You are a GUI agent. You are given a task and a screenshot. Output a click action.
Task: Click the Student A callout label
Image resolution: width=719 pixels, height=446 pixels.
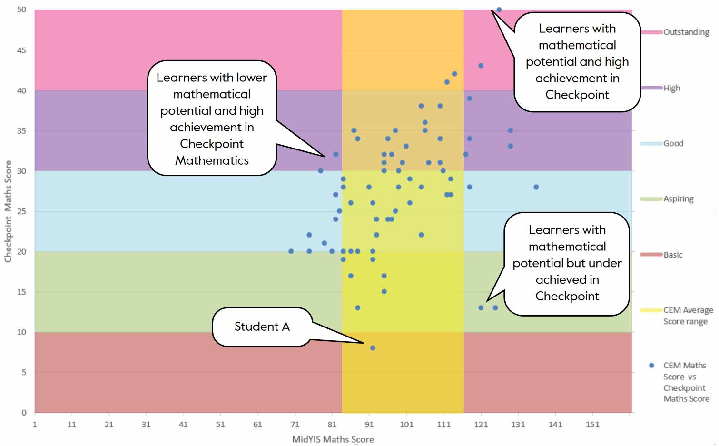(262, 327)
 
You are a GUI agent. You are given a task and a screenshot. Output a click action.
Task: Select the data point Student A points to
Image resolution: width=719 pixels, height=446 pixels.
(373, 348)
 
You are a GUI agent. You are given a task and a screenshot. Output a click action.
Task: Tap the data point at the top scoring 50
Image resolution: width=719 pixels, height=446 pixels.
(499, 10)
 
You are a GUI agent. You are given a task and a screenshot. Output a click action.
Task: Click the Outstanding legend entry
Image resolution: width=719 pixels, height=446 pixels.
(686, 32)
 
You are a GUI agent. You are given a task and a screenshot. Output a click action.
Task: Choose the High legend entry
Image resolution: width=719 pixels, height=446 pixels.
(672, 88)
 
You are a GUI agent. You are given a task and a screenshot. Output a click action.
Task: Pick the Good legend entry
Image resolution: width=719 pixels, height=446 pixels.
(673, 143)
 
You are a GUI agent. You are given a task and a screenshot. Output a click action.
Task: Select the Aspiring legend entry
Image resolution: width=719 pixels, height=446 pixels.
(679, 199)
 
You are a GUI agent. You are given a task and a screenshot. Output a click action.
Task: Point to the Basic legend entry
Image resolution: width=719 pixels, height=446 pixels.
(673, 255)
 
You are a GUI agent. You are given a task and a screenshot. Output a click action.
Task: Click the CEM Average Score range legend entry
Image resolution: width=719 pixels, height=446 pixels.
(688, 316)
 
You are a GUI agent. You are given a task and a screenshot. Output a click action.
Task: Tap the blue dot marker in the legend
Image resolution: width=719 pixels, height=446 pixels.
(651, 366)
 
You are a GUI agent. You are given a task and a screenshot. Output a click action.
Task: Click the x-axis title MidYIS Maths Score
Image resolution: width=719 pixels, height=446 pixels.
(333, 439)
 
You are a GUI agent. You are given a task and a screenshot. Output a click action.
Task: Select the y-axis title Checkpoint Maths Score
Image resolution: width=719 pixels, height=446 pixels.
(8, 211)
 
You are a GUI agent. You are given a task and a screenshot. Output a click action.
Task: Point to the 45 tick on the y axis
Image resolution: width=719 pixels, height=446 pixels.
(21, 50)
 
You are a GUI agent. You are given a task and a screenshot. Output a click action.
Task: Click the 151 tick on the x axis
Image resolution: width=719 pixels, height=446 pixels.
(592, 425)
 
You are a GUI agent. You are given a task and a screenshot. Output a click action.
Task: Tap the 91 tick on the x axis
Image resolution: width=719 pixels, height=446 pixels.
(369, 425)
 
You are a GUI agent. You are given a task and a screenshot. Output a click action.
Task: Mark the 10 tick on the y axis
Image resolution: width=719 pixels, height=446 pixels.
(21, 332)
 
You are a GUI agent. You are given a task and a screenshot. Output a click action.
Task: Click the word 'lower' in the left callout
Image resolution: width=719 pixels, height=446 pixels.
(252, 77)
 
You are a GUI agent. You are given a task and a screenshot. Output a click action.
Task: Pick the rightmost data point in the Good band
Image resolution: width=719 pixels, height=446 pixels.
(536, 187)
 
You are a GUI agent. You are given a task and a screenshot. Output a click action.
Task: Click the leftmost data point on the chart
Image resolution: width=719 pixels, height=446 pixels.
(291, 251)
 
